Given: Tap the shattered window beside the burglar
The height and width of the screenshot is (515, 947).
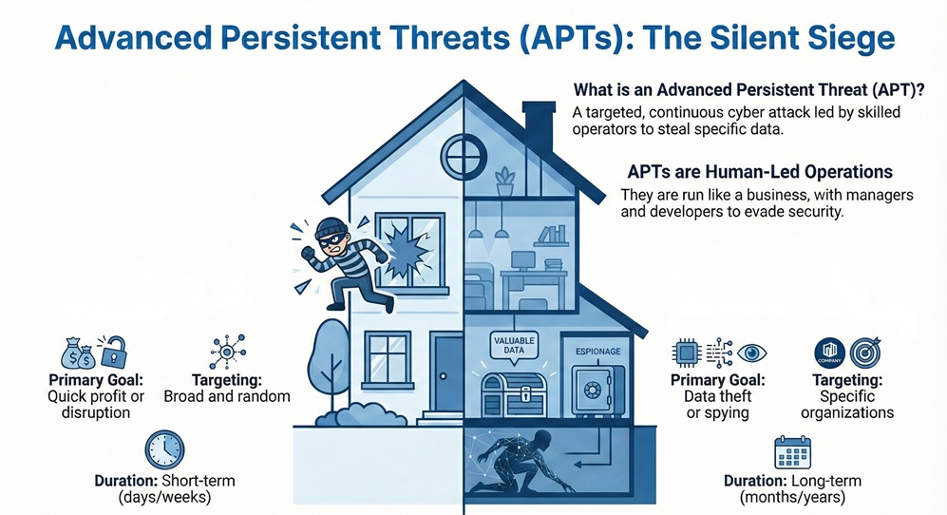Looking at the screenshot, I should point(409,248).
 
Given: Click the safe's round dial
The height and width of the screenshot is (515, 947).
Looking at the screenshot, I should point(592,389).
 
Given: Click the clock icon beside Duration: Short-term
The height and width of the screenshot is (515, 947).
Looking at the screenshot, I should point(165,449).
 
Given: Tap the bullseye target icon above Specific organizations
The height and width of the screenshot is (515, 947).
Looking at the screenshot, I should point(866,353).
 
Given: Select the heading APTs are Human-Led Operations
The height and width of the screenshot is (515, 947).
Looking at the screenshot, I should point(760,173).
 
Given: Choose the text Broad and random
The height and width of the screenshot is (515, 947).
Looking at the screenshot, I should point(227,395).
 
